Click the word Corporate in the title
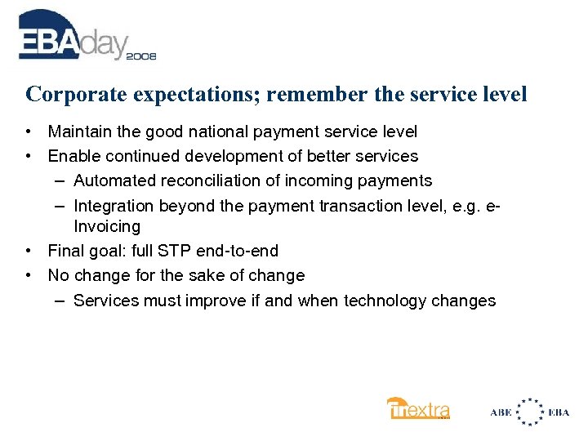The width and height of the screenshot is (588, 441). tap(68, 94)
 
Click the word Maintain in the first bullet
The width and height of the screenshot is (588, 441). tap(79, 131)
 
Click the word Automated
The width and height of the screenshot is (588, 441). tap(113, 180)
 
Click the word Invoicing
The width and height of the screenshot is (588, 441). tap(107, 226)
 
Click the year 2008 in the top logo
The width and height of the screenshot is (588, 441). tap(140, 56)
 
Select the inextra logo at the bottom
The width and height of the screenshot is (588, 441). tap(418, 408)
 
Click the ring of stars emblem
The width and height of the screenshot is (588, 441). tap(530, 412)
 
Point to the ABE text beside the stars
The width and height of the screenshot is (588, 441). tap(501, 412)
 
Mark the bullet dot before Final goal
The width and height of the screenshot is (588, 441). tap(29, 251)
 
